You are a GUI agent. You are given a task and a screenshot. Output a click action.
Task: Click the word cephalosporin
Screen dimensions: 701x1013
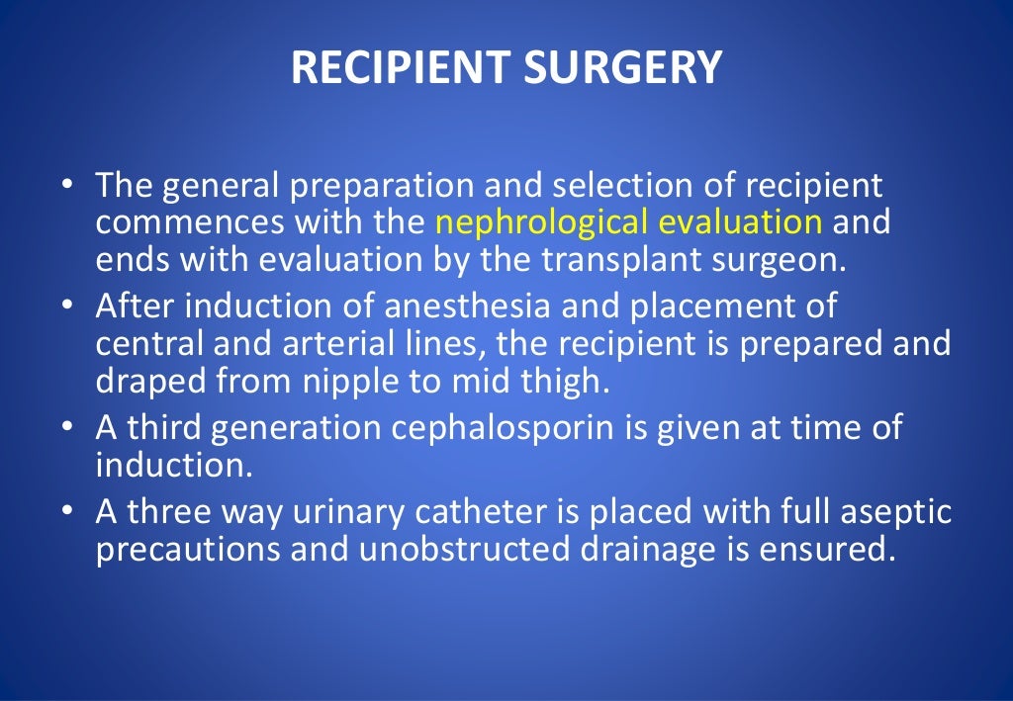(517, 429)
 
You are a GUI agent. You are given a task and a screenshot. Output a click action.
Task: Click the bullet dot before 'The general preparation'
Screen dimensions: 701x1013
(66, 186)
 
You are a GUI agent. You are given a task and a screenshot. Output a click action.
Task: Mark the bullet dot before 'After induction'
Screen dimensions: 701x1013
(66, 307)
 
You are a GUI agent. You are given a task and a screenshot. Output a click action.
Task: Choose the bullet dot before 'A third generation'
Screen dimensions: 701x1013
(66, 428)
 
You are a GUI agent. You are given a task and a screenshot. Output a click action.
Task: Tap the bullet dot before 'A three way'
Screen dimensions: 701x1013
(66, 513)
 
